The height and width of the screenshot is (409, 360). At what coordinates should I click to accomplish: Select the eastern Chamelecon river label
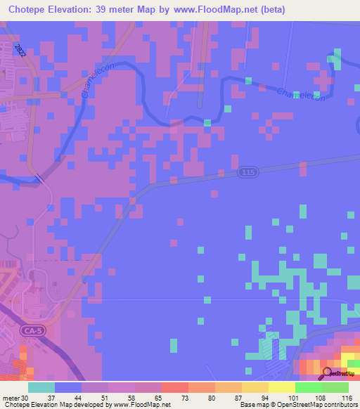(302, 96)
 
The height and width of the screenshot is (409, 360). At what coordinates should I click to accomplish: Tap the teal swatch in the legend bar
(41, 387)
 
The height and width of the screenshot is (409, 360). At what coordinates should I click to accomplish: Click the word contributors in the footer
(341, 405)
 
